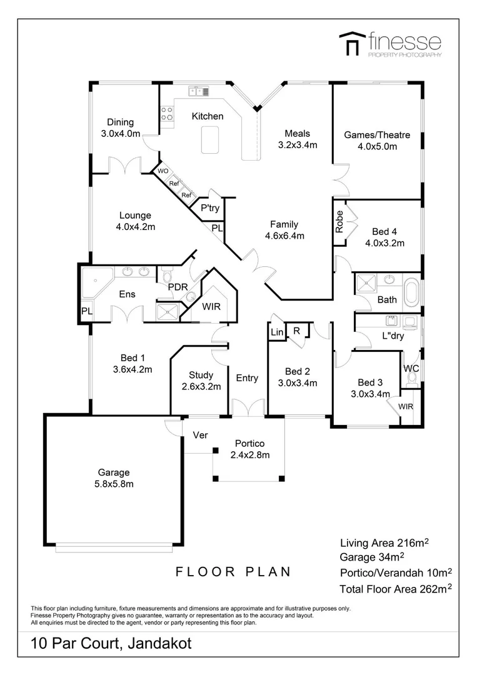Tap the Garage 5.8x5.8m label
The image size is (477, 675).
tap(114, 478)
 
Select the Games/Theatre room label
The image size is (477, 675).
tap(377, 141)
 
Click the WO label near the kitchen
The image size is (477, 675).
tap(163, 171)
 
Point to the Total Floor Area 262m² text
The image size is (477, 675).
tap(395, 589)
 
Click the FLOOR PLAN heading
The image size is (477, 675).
tap(233, 571)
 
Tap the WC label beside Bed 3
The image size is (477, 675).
tap(411, 368)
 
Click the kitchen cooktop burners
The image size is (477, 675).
tap(167, 114)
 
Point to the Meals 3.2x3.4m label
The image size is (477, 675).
tap(298, 139)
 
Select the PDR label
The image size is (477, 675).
tap(178, 287)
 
